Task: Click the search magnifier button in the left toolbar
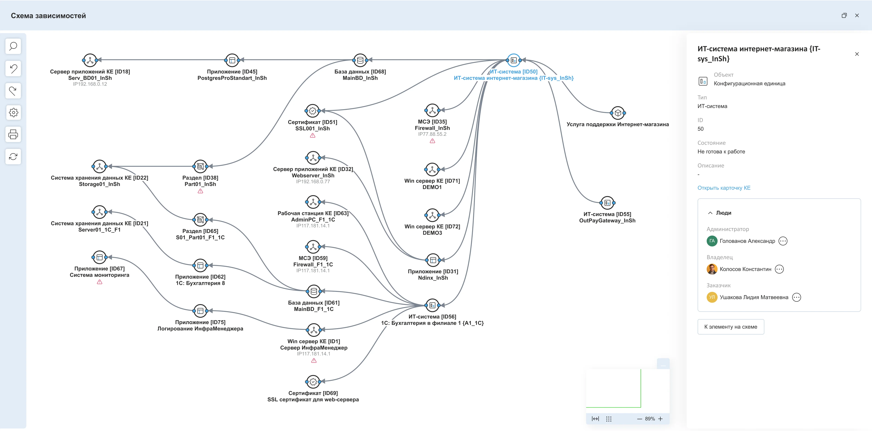point(13,46)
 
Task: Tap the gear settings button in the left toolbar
point(13,112)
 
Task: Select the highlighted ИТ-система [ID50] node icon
point(513,60)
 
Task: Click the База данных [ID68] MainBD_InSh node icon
point(360,60)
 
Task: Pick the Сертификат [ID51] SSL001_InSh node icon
point(312,111)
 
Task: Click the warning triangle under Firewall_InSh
point(432,141)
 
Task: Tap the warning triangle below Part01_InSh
point(200,191)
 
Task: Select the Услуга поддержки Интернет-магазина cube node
point(618,113)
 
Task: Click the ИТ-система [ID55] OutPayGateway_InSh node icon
point(607,203)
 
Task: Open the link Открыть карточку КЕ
point(724,188)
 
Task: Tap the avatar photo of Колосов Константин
point(712,269)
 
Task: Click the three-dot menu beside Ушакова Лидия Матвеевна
point(797,297)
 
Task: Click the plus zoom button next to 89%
point(660,419)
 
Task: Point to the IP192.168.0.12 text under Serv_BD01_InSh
point(90,84)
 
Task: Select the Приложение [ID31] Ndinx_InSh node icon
point(433,260)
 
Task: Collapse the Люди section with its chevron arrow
point(710,213)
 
